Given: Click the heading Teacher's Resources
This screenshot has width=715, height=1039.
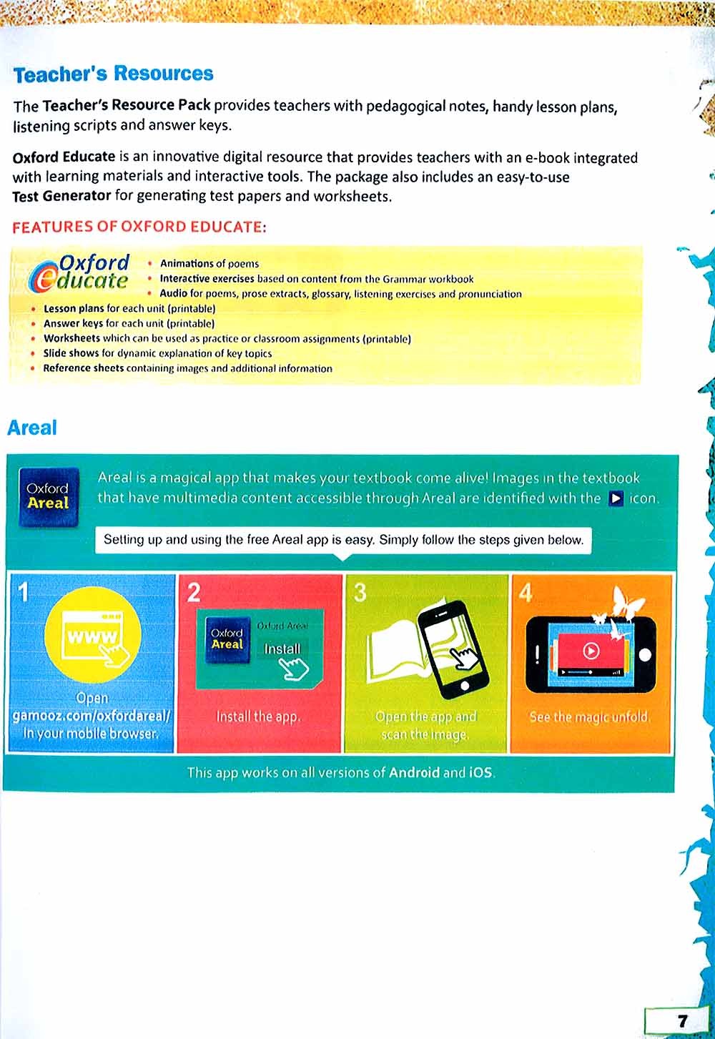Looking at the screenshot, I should [113, 74].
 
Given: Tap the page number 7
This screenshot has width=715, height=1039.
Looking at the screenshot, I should [681, 1020].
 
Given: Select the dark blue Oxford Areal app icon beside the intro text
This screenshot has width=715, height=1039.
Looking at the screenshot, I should [48, 497].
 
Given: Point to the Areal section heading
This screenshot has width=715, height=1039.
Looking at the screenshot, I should [31, 428].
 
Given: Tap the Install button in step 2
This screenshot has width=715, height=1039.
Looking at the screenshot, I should [282, 649].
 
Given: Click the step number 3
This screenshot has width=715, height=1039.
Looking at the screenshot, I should [360, 592].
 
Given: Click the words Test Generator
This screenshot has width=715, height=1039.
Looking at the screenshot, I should [61, 196].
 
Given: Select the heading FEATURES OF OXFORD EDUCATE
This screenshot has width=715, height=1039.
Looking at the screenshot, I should [139, 227].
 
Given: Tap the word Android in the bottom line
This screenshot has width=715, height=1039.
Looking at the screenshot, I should [414, 772].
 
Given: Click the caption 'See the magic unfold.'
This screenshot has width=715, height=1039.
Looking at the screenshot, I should [590, 717].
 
